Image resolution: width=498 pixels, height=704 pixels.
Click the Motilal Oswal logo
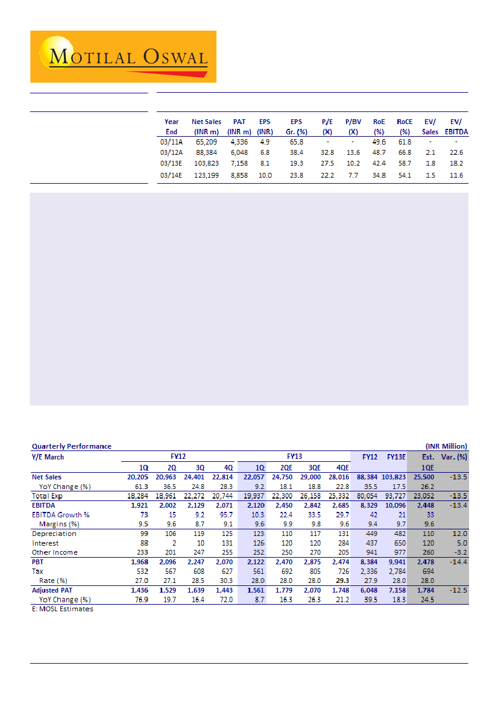point(123,57)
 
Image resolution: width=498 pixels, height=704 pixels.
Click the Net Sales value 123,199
point(206,175)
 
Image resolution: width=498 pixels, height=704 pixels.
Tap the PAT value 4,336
point(239,142)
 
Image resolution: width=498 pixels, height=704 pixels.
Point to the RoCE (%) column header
point(405,126)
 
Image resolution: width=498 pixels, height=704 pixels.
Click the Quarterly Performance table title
point(71,446)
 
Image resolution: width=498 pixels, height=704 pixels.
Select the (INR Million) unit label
point(446,446)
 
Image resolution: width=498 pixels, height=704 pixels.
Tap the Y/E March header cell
point(48,456)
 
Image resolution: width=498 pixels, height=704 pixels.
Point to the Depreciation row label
point(54,534)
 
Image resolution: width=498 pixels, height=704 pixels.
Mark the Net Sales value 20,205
point(136,477)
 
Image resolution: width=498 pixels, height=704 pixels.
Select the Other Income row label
point(54,552)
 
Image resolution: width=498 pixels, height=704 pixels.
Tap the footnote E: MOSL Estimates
point(63,609)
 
